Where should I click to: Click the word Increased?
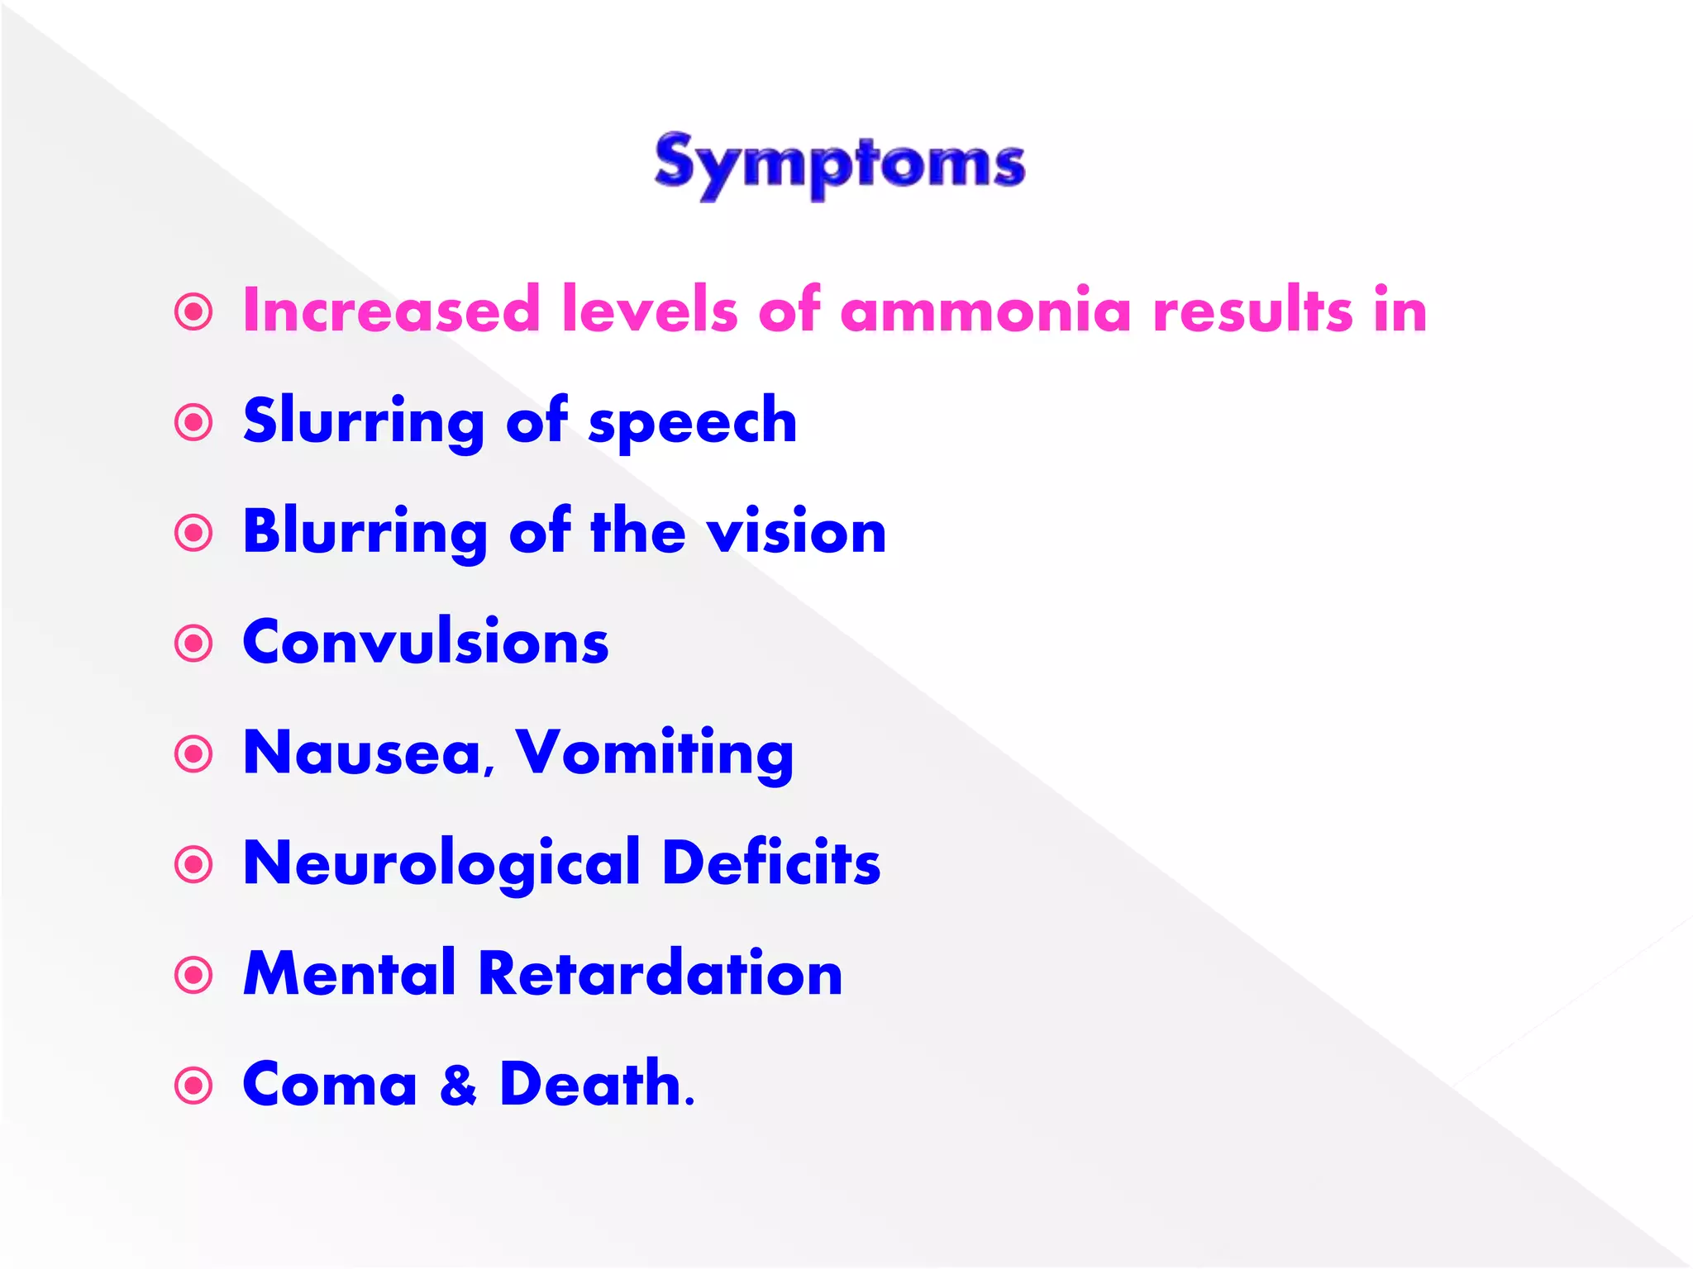click(391, 311)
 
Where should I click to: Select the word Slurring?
click(364, 422)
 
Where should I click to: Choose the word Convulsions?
click(426, 643)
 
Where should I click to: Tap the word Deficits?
click(771, 863)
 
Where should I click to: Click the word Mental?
click(350, 974)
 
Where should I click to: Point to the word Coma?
click(330, 1085)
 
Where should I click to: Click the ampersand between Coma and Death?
click(459, 1085)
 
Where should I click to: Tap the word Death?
click(595, 1084)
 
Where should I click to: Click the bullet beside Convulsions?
click(194, 644)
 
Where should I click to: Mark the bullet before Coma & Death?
click(194, 1086)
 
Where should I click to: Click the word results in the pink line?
click(1253, 311)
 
